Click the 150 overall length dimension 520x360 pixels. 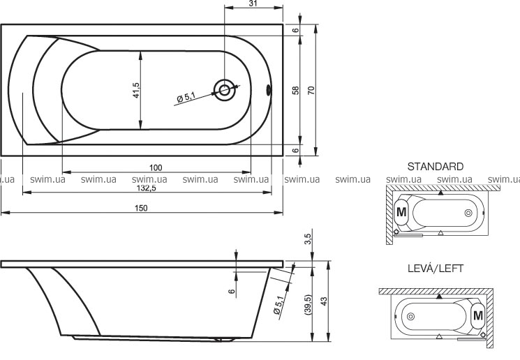click(x=141, y=208)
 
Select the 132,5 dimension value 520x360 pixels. click(x=147, y=188)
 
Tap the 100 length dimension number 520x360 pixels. click(x=156, y=167)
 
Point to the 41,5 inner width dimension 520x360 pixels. click(x=136, y=90)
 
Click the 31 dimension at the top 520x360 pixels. click(x=253, y=3)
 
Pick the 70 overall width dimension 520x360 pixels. click(x=311, y=90)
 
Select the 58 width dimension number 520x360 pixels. click(x=295, y=90)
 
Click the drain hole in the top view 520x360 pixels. click(x=225, y=90)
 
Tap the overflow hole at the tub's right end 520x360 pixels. click(x=269, y=90)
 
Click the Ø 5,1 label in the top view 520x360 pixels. click(x=186, y=98)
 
